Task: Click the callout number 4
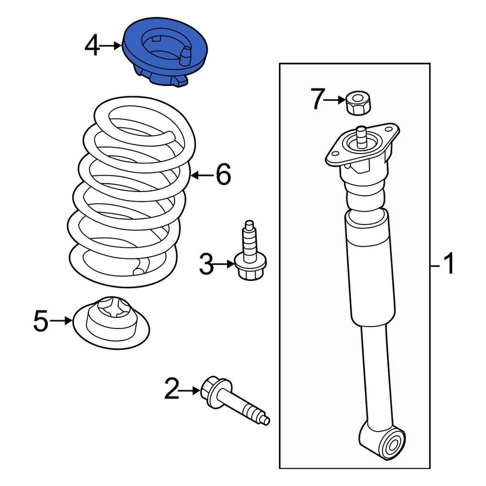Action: click(x=92, y=46)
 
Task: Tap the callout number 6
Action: click(x=223, y=175)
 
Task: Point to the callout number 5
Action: click(x=41, y=320)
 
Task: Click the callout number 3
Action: click(x=206, y=264)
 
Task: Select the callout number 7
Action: click(x=316, y=100)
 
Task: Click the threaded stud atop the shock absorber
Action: click(x=361, y=135)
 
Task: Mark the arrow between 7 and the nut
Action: click(x=335, y=100)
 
